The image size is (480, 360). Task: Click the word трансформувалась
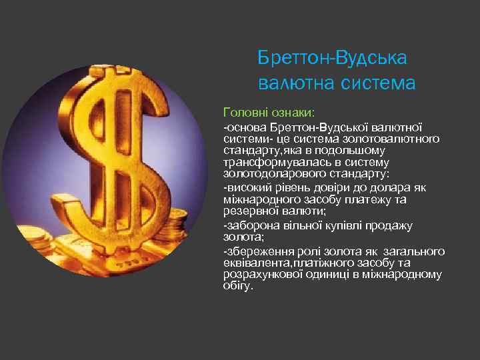[x=268, y=162]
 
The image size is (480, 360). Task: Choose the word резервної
[x=249, y=210]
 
